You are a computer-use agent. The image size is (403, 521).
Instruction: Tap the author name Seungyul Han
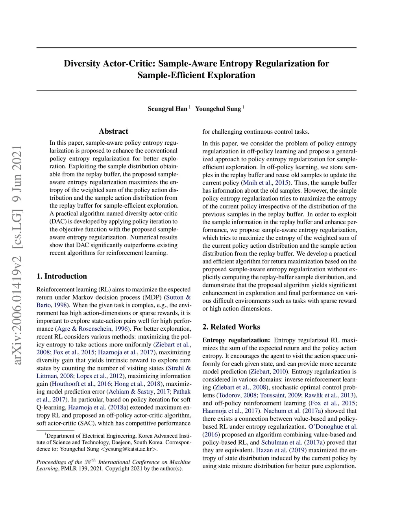coord(167,109)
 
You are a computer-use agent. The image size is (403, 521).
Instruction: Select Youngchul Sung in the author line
coord(218,109)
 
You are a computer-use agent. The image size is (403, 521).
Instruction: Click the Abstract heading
coord(113,131)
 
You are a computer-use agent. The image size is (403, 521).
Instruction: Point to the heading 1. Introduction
coord(62,276)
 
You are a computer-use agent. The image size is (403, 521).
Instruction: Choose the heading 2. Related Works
coord(231,327)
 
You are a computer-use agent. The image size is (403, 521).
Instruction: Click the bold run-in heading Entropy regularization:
coord(236,340)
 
